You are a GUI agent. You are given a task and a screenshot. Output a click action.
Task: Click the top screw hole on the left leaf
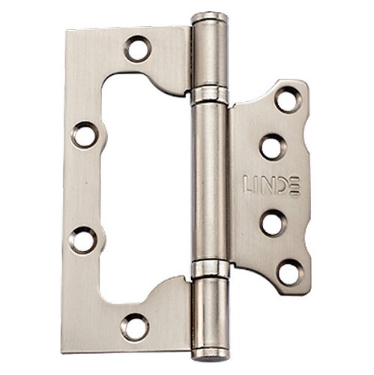(137, 49)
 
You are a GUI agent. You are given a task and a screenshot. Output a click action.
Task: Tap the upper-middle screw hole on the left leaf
(85, 136)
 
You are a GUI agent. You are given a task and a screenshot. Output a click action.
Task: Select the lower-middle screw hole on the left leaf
(82, 239)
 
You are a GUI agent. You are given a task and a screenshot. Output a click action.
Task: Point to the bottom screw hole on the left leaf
(135, 327)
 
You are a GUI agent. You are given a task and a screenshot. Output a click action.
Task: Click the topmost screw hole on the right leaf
(289, 100)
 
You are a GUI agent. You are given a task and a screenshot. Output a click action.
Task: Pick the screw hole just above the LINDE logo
(273, 147)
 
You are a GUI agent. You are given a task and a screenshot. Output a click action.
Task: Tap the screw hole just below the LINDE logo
(273, 223)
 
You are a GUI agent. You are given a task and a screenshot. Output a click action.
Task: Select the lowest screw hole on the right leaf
(290, 273)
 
